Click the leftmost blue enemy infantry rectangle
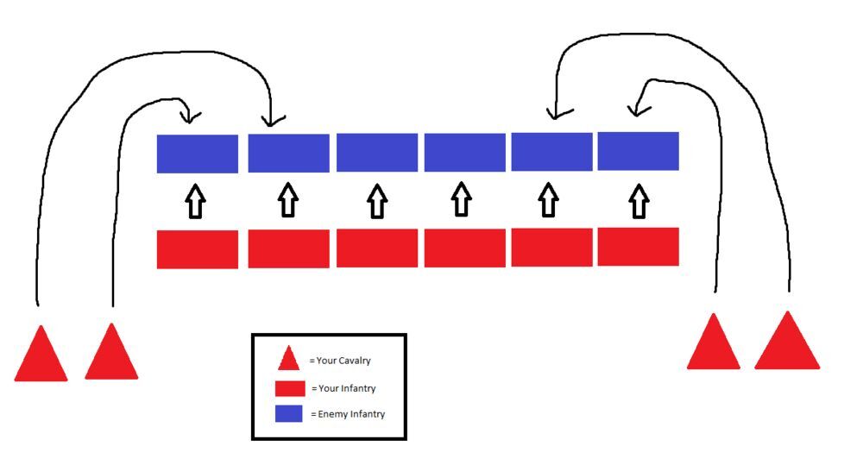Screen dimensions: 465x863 tap(197, 154)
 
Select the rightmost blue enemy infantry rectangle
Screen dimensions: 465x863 tap(638, 151)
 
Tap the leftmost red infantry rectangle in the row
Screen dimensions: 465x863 tap(197, 249)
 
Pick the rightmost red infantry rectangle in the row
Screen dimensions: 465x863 tap(638, 247)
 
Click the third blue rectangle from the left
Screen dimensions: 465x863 tap(376, 153)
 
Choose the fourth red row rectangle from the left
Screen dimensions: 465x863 tap(464, 248)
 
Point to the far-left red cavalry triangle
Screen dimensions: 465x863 tap(41, 355)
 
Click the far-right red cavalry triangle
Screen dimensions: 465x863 tap(787, 343)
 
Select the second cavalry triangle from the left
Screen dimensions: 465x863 tap(110, 354)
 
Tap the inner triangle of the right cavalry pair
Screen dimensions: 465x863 tap(714, 344)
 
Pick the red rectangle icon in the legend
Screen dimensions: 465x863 tap(289, 389)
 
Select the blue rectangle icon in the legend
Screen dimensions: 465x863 tap(289, 414)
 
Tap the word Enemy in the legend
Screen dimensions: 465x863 tap(333, 415)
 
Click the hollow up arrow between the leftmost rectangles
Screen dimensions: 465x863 tap(196, 201)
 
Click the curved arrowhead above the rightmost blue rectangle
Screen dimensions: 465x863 tap(635, 110)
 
